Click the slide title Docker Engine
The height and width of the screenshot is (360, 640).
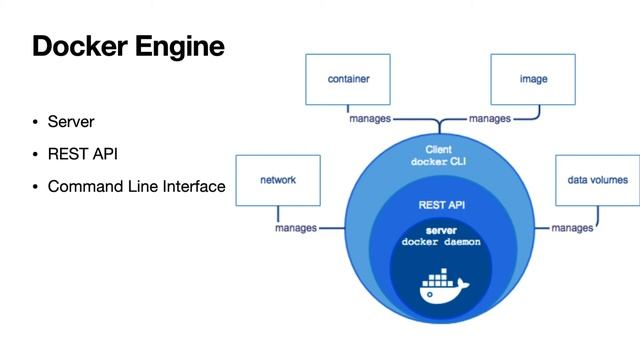tap(128, 46)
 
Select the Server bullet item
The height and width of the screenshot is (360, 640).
tap(71, 122)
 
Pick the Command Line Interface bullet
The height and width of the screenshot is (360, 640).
tap(136, 186)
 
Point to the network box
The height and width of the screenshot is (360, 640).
tap(278, 180)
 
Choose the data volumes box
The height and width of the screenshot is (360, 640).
tap(597, 180)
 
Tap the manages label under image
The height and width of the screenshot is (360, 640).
tap(490, 118)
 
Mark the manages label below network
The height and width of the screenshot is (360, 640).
tap(296, 228)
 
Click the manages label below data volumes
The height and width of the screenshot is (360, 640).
tap(572, 228)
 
